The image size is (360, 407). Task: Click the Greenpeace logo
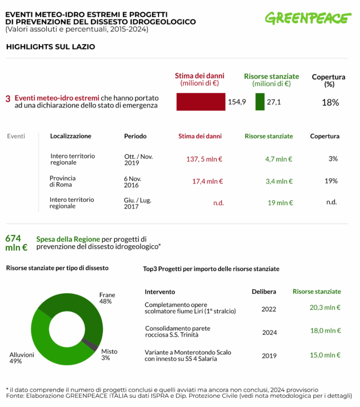(x=307, y=18)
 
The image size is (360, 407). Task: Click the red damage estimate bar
(x=201, y=102)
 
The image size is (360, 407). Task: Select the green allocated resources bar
(x=259, y=102)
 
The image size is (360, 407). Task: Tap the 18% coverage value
(x=330, y=102)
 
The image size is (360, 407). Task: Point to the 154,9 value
(x=237, y=102)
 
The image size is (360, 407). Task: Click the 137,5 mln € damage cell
(x=205, y=159)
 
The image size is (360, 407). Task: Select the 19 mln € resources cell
(x=280, y=202)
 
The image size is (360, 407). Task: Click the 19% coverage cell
(x=331, y=181)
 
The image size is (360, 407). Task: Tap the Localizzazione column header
(x=70, y=136)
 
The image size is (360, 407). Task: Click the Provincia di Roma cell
(x=62, y=181)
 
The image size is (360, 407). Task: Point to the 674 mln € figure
(x=16, y=243)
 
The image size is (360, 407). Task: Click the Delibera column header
(x=264, y=292)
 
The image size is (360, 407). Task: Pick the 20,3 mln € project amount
(x=325, y=308)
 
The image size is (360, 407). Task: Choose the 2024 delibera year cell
(x=269, y=332)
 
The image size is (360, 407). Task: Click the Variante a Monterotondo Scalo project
(x=188, y=356)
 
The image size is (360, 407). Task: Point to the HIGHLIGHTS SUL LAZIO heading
(x=50, y=47)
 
